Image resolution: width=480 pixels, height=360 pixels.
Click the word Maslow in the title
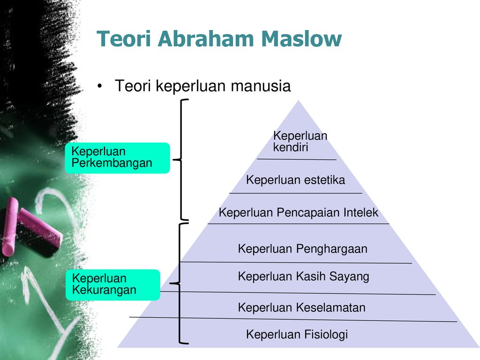[x=301, y=39]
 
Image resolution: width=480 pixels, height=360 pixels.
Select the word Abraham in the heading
[x=206, y=39]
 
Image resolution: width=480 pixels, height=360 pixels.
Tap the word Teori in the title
[x=124, y=39]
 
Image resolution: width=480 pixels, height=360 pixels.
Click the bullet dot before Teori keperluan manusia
[x=99, y=86]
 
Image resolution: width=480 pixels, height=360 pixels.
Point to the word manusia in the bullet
[x=261, y=86]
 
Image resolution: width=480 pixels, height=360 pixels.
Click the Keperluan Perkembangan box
[x=117, y=158]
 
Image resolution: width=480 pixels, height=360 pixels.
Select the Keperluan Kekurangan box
[x=112, y=285]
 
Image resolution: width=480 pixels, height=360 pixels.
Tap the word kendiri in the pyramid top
[x=291, y=147]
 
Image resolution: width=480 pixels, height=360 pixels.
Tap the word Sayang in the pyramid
[x=349, y=277]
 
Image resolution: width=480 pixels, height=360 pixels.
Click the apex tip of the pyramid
[x=299, y=100]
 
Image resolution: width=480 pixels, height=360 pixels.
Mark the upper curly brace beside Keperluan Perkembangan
[x=181, y=159]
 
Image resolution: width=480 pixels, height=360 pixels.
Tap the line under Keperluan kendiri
[x=297, y=159]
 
